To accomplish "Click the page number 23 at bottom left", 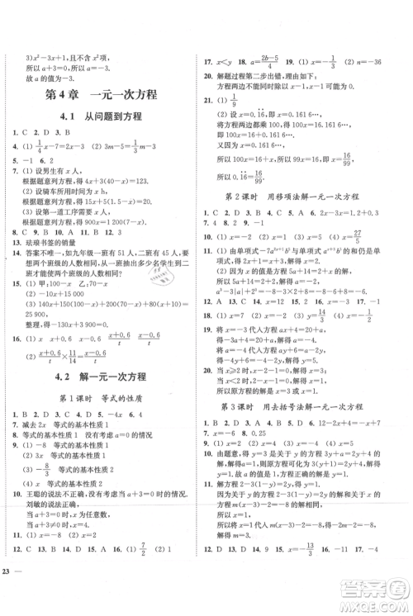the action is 8,595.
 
